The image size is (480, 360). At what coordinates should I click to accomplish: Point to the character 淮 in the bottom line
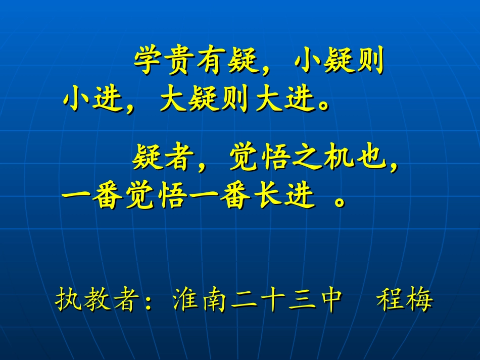185,300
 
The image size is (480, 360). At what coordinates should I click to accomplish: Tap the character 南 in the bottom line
214,300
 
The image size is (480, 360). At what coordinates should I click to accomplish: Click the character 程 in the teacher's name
390,300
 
